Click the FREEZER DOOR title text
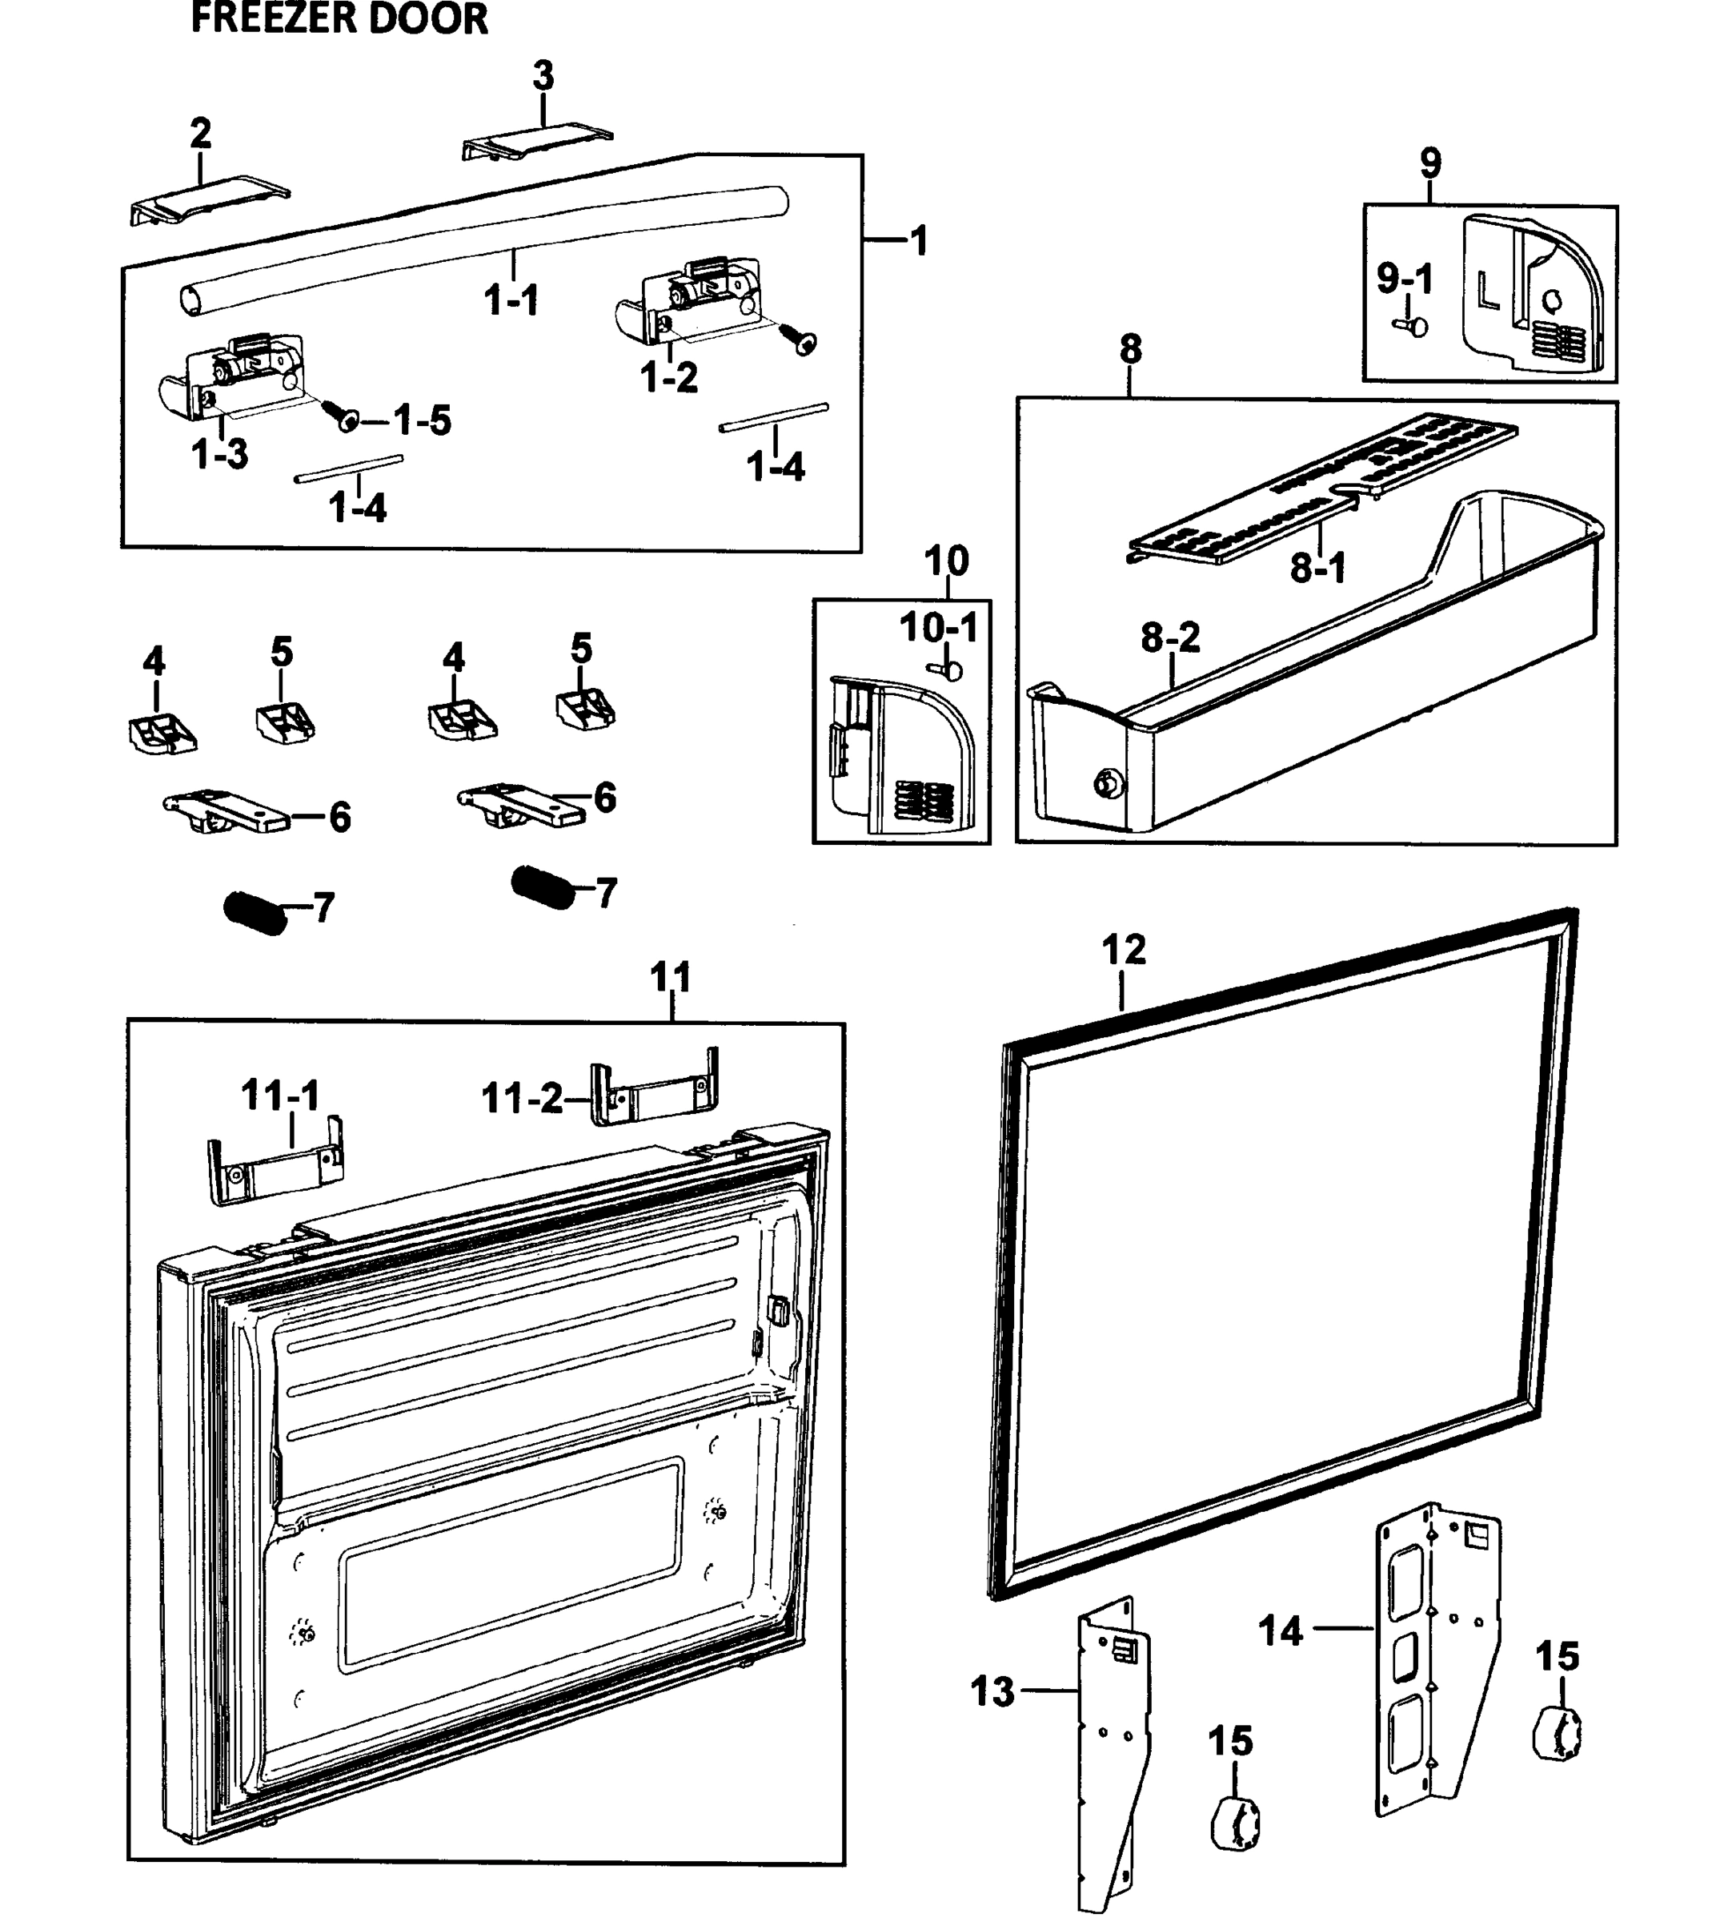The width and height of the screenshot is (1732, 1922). pos(339,19)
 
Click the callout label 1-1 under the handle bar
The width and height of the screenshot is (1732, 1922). pos(511,302)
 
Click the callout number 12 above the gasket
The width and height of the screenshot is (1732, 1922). pos(1123,950)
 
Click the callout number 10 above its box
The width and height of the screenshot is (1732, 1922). pos(946,561)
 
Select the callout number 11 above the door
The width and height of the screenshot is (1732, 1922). pos(670,977)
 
